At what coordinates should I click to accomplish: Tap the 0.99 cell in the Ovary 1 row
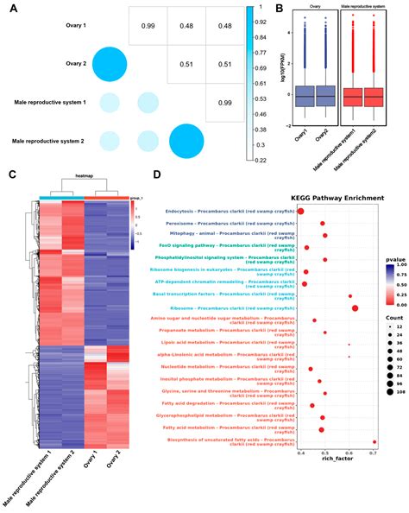point(148,27)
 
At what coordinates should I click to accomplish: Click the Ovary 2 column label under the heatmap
point(119,467)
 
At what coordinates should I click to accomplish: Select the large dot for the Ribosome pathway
point(356,308)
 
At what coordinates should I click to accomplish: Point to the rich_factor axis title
point(337,467)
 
